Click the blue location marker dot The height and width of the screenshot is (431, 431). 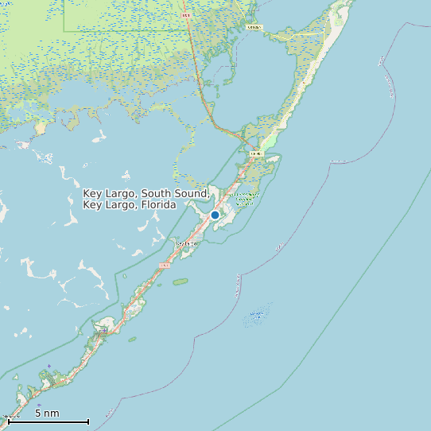coord(215,215)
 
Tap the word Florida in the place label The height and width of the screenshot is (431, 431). coord(157,205)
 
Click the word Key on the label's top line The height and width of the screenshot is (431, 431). coord(92,193)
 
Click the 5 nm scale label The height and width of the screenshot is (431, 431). coord(47,414)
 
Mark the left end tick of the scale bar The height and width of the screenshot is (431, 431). coord(9,421)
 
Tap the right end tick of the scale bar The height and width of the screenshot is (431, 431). coord(88,421)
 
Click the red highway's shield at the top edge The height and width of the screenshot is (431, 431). coord(186,15)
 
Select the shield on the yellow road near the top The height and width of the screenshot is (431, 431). coord(254,27)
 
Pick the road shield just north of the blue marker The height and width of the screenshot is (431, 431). coord(255,153)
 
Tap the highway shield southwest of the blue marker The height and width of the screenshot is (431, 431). coord(165,265)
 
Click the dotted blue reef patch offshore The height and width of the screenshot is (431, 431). coord(256,316)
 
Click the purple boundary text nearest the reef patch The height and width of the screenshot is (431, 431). coord(238,286)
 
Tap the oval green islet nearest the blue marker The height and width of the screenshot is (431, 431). coord(181,282)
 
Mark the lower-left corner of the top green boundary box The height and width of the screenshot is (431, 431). coord(64,30)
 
